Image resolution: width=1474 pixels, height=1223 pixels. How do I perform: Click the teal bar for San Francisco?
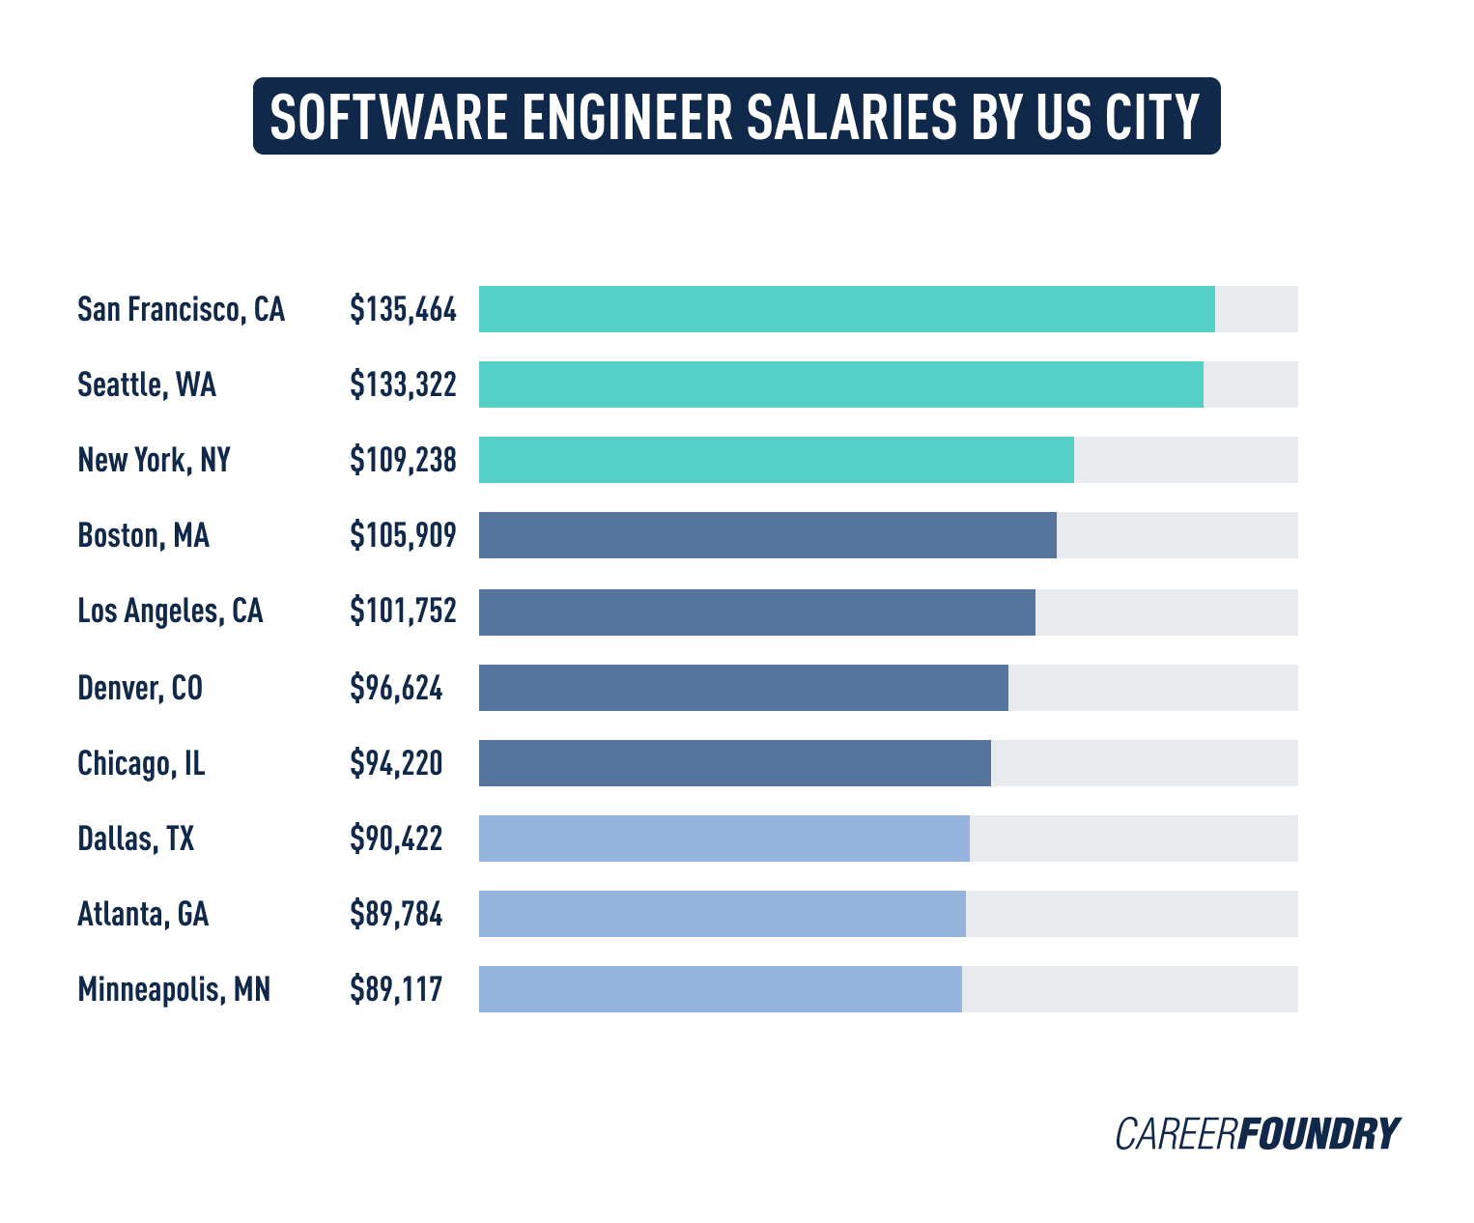pyautogui.click(x=846, y=309)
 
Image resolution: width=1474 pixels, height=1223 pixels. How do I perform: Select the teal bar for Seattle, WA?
pyautogui.click(x=840, y=384)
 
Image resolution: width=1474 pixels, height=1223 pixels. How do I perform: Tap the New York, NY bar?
pyautogui.click(x=776, y=460)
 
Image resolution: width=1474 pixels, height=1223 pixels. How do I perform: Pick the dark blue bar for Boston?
pyautogui.click(x=767, y=535)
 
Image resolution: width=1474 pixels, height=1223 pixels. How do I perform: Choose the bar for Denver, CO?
pyautogui.click(x=743, y=688)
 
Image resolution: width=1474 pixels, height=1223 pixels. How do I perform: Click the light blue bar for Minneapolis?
pyautogui.click(x=720, y=989)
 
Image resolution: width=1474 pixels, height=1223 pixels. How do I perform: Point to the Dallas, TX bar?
pyautogui.click(x=723, y=839)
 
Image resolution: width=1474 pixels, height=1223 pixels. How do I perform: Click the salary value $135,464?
pyautogui.click(x=403, y=309)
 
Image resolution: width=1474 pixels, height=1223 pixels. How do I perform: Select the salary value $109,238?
pyautogui.click(x=403, y=460)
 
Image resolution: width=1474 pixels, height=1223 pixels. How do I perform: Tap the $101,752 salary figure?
pyautogui.click(x=403, y=611)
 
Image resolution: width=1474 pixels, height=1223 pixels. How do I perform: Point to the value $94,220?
pyautogui.click(x=396, y=763)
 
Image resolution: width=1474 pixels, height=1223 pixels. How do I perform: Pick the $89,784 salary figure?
pyautogui.click(x=396, y=914)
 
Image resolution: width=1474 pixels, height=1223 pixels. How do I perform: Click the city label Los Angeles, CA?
pyautogui.click(x=170, y=611)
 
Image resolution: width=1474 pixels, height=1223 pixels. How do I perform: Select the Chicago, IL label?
pyautogui.click(x=141, y=763)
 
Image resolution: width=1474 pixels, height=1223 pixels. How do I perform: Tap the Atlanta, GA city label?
pyautogui.click(x=143, y=914)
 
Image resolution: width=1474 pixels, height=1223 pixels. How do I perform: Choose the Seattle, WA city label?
pyautogui.click(x=147, y=384)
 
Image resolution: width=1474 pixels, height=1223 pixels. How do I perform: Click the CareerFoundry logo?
pyautogui.click(x=1257, y=1133)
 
